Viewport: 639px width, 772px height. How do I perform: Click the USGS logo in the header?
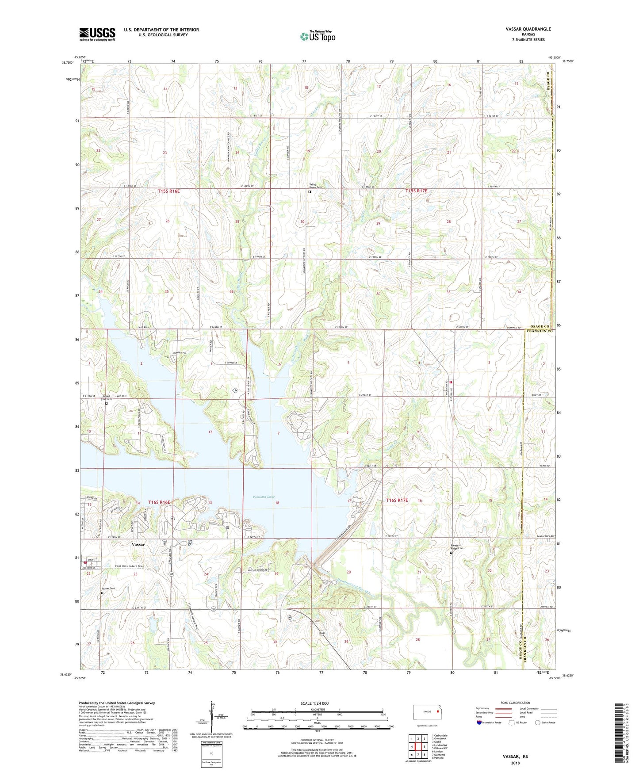click(x=97, y=34)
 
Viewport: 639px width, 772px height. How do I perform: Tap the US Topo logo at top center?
click(x=318, y=36)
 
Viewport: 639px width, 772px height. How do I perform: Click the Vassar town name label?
click(x=138, y=544)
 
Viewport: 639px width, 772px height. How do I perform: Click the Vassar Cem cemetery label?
click(x=108, y=589)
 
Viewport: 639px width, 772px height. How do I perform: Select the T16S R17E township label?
click(x=397, y=500)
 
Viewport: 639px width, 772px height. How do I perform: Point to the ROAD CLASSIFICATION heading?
click(x=515, y=703)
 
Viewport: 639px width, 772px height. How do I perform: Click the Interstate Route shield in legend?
click(x=480, y=722)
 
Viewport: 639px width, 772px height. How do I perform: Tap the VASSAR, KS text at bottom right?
click(x=515, y=756)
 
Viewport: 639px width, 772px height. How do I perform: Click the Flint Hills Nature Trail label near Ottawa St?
click(x=130, y=566)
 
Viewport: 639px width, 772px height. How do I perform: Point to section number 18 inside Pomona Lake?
click(x=277, y=503)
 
